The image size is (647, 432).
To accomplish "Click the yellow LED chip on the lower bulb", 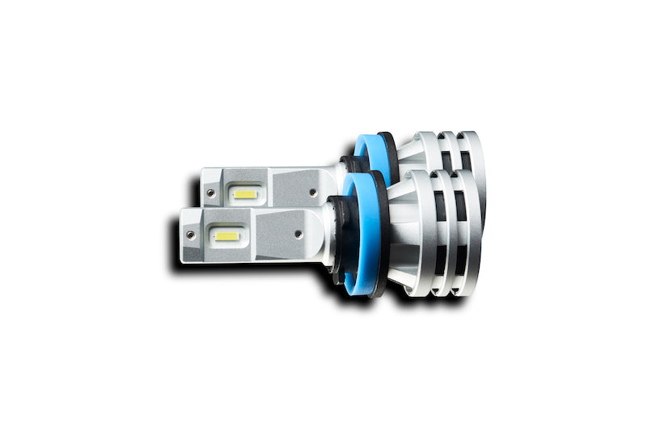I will coord(227,236).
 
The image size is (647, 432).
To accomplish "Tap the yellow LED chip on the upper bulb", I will coord(245,194).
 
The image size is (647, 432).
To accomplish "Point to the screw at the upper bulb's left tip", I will coord(211,192).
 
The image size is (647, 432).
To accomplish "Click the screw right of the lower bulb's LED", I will coord(298,235).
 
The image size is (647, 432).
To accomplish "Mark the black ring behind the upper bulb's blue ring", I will coord(390,154).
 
